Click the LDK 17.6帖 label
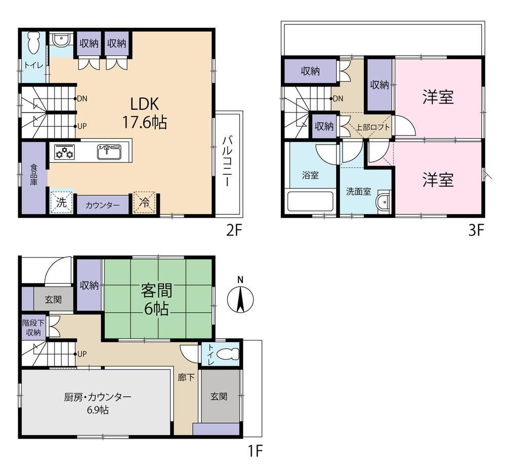coord(145,113)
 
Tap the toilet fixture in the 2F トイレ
coord(33,43)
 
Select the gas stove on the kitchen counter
coord(65,151)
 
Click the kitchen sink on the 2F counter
coord(109,152)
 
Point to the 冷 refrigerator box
coord(145,203)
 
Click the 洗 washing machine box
coord(61,203)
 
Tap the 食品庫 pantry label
coord(34,174)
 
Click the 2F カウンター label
coord(103,205)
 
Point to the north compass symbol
coord(240,297)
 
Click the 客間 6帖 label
coord(156,299)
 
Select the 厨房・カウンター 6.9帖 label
coord(98,403)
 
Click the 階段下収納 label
coord(33,327)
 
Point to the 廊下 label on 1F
coord(186,377)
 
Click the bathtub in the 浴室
coord(311,202)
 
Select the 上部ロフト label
coord(372,127)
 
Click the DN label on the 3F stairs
coord(338,99)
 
